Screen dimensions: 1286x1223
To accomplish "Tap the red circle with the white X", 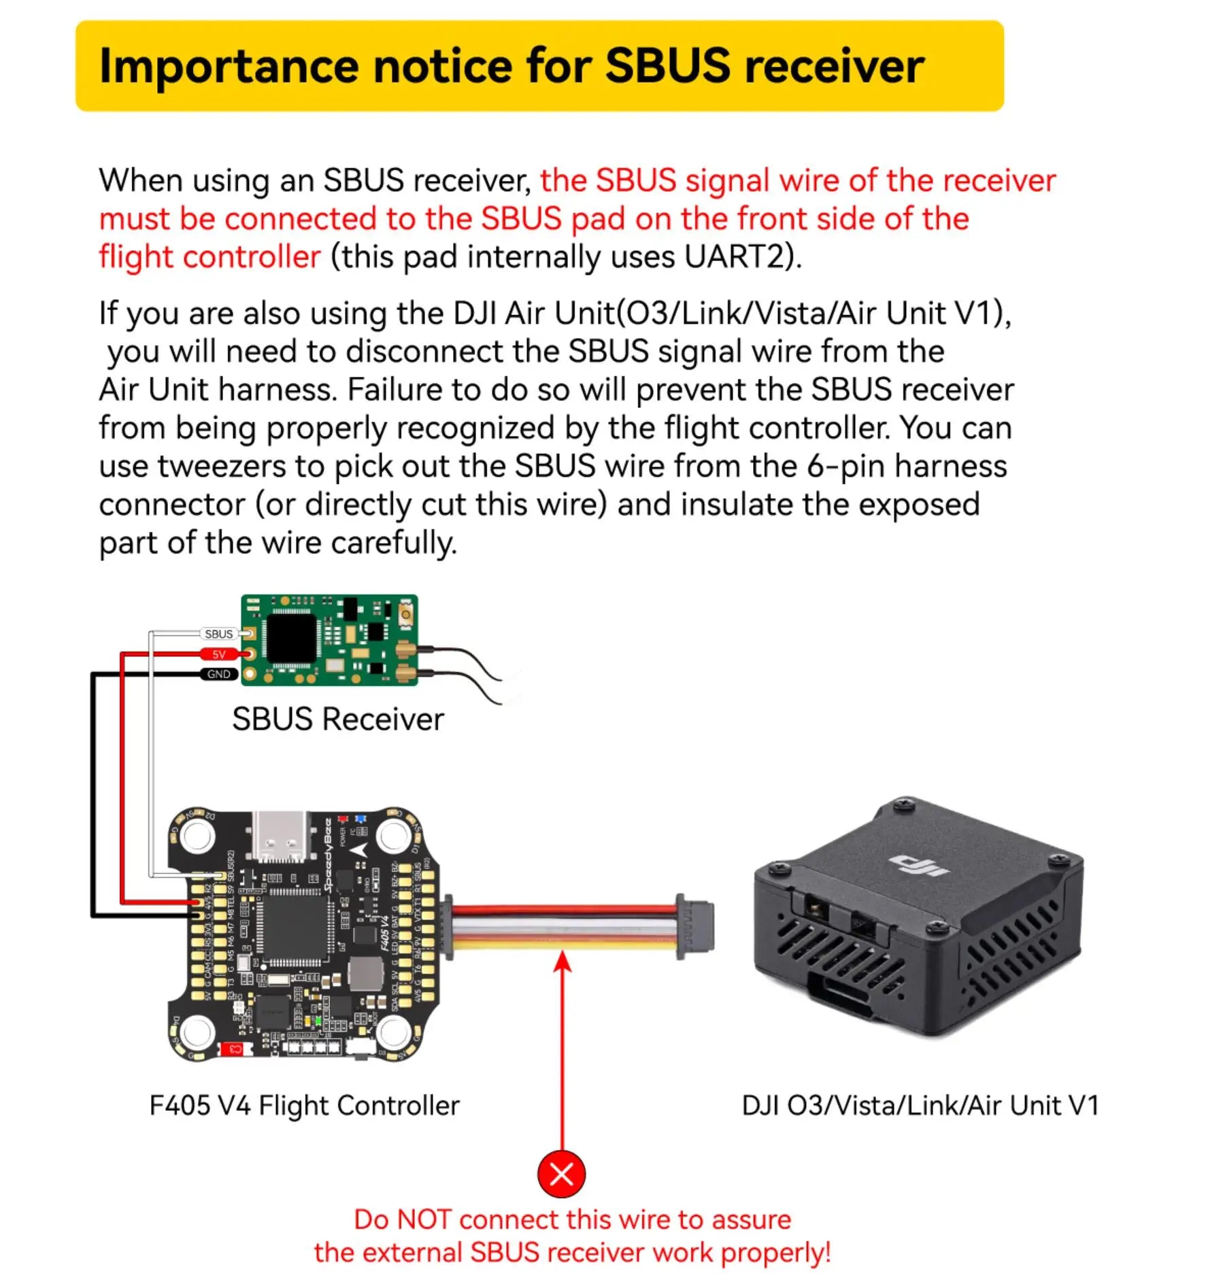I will [x=561, y=1173].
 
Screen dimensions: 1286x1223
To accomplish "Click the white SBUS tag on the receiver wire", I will [x=218, y=634].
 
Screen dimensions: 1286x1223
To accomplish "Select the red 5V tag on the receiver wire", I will [x=218, y=654].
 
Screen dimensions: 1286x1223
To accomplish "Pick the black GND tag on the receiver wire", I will [x=218, y=674].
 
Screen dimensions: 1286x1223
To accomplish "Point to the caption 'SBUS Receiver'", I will [x=337, y=719].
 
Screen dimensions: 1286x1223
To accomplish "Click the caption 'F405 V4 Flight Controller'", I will [x=304, y=1105].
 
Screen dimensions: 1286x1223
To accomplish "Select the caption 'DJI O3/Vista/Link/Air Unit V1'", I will [x=920, y=1105].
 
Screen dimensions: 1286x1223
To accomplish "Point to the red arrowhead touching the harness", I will [x=563, y=961].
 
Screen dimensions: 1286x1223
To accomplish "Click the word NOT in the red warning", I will [x=424, y=1219].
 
